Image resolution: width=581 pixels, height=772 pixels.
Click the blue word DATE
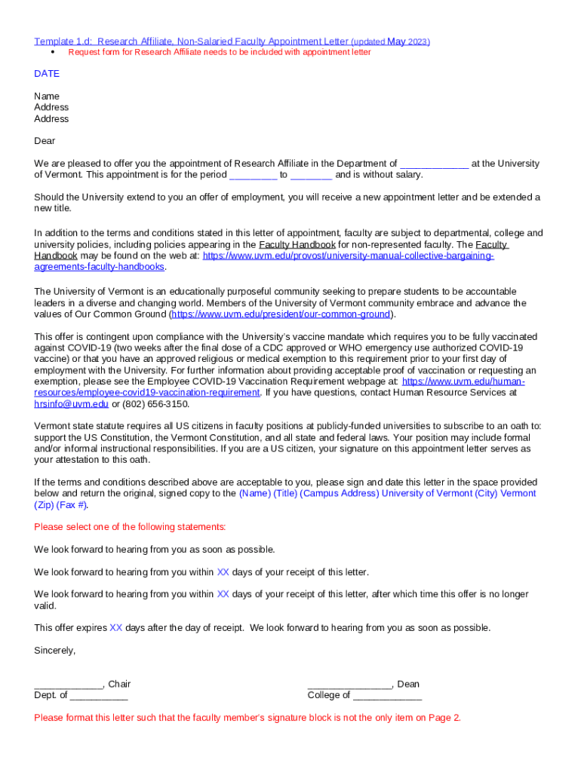coord(47,74)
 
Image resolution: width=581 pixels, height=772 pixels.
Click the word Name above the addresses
coord(47,96)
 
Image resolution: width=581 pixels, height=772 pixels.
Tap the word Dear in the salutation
coord(45,141)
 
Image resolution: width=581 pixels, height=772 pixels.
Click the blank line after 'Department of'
coord(434,164)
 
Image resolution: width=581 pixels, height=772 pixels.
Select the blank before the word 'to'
coord(253,176)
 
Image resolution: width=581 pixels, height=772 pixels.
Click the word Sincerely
coord(55,650)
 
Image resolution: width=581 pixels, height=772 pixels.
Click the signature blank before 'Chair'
coord(68,685)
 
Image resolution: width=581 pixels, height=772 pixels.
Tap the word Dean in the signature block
coord(408,685)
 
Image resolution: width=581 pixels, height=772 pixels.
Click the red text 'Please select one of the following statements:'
coord(130,527)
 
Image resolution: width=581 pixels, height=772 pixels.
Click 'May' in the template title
coord(396,41)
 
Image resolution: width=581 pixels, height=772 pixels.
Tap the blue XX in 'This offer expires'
coord(115,628)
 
